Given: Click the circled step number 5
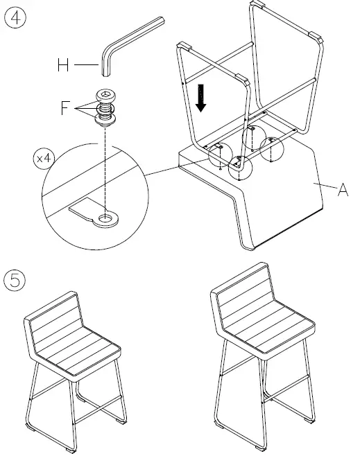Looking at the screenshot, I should tap(15, 281).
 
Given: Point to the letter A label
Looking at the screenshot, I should tap(343, 189).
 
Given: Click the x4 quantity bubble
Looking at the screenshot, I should tap(43, 158).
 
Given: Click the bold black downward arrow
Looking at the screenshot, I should tap(201, 96).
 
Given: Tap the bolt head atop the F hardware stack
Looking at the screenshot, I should tap(105, 96).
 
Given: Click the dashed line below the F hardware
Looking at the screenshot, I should tap(105, 166).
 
